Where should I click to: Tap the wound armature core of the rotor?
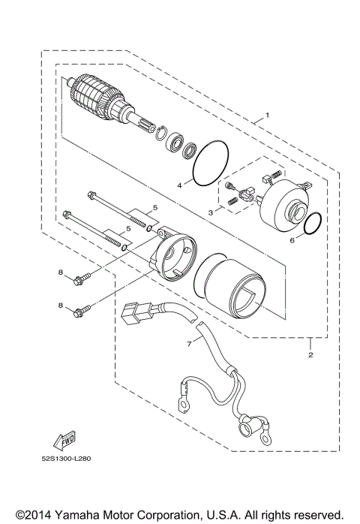click(x=97, y=97)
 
